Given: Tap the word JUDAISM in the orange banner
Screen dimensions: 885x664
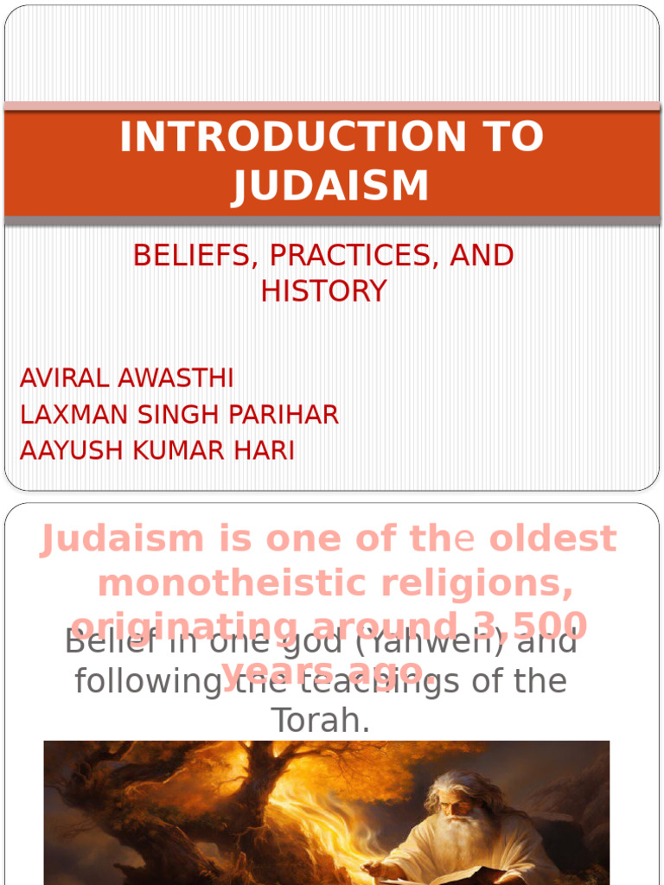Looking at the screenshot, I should tap(330, 186).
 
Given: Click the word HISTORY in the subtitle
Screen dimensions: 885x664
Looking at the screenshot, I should tap(323, 291).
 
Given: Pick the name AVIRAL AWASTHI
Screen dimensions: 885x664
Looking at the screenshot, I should tap(126, 379).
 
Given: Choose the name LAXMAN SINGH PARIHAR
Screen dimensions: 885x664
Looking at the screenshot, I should tap(179, 415).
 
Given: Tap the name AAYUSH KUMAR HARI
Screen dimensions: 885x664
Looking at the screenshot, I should tap(156, 451).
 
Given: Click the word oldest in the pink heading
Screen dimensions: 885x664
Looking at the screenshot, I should tap(553, 539).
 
